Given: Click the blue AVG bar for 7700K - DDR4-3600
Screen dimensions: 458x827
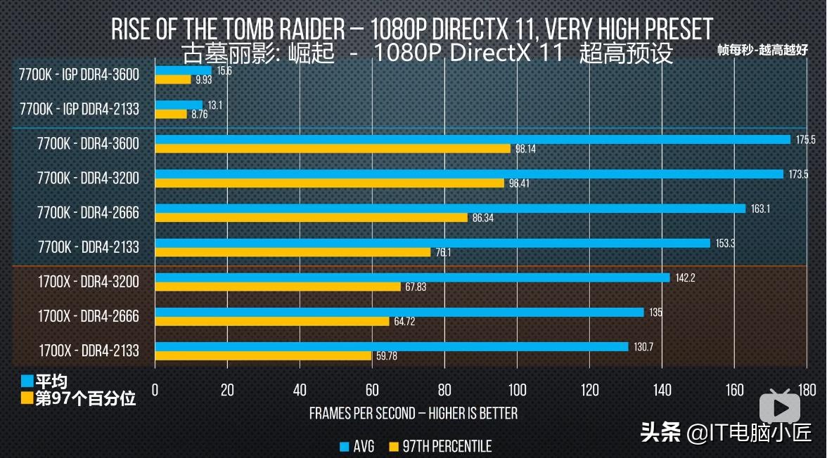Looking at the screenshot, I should click(473, 139).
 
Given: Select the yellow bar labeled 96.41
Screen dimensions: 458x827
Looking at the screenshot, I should click(329, 183).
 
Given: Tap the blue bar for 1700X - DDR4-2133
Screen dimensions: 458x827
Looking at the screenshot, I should click(391, 346).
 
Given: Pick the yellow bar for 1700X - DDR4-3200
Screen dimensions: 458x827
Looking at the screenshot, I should click(278, 287).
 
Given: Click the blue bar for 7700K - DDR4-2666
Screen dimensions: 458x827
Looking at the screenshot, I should click(450, 209).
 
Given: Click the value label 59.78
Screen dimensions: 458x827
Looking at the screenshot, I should click(387, 356).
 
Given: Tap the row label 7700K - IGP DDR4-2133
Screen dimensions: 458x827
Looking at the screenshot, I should click(79, 109).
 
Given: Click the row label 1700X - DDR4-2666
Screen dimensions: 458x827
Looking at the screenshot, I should click(89, 317).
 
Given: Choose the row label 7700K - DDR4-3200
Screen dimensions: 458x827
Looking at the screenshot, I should click(89, 178).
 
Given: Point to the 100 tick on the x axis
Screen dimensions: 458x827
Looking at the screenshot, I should click(517, 390).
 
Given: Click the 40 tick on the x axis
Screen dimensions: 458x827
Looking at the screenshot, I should click(300, 390).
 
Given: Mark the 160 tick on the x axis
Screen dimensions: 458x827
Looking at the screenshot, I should click(734, 390).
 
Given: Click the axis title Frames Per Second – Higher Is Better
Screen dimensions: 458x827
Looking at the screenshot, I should click(413, 413).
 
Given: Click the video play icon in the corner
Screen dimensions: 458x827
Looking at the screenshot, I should click(783, 407).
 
